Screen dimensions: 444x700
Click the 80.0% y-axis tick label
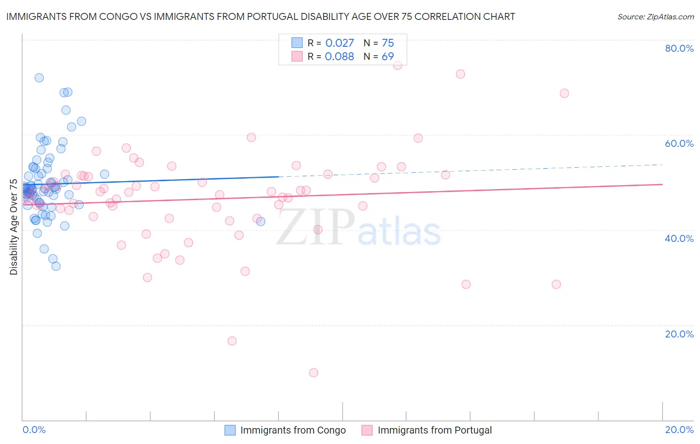[x=679, y=48]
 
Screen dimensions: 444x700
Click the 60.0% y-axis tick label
[x=679, y=143]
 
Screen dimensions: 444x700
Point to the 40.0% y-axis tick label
[x=679, y=238]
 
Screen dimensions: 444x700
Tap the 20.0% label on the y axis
[x=679, y=334]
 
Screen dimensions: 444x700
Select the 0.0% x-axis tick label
[x=34, y=430]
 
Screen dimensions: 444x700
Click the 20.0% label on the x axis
[x=679, y=430]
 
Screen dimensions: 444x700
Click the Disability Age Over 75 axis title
[x=13, y=227]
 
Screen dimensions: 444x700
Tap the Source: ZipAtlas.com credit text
[x=655, y=16]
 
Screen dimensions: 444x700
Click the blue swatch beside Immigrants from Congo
[x=230, y=430]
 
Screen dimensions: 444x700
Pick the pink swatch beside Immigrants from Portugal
[x=367, y=430]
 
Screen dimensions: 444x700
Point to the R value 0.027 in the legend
[x=340, y=43]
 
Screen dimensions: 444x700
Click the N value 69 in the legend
[x=388, y=57]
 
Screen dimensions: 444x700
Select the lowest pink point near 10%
[x=313, y=373]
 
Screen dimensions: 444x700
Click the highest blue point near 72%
[x=39, y=78]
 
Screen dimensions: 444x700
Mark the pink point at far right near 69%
[x=564, y=94]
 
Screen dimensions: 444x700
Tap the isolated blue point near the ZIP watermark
[x=260, y=222]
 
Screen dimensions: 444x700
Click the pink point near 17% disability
[x=232, y=341]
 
